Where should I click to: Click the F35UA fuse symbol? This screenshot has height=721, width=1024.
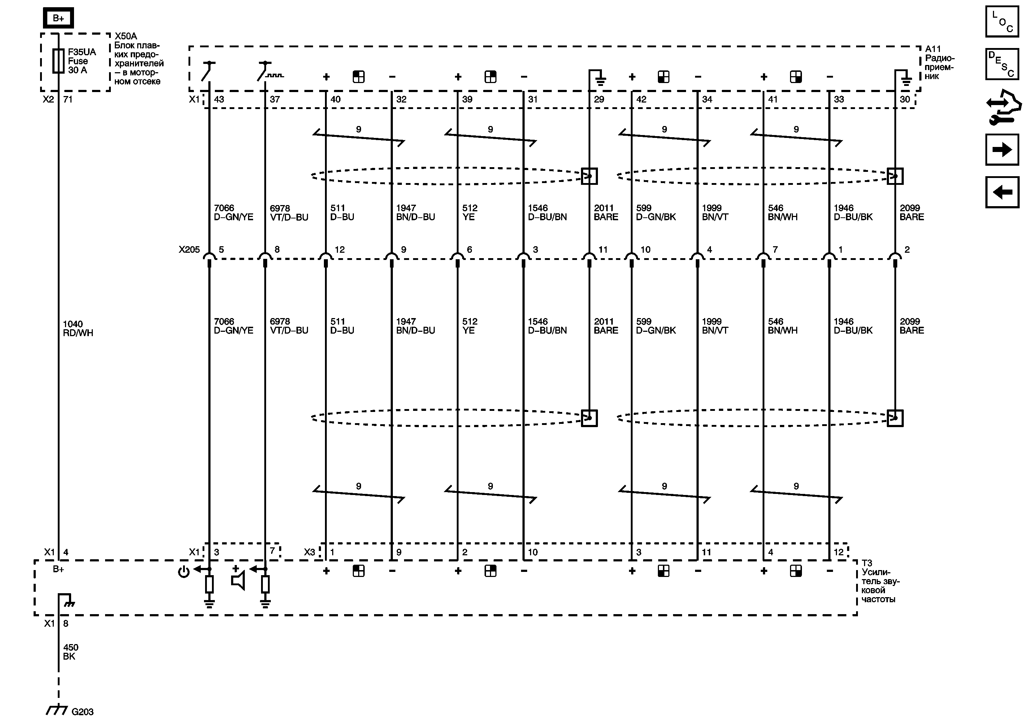pos(58,61)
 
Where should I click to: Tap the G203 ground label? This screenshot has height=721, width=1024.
pos(82,712)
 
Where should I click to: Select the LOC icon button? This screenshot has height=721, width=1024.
pos(1002,21)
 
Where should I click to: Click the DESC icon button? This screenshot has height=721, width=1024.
pos(1002,64)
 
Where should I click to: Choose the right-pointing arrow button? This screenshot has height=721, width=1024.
pos(1002,149)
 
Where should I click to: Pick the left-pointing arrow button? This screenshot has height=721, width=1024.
pos(1002,192)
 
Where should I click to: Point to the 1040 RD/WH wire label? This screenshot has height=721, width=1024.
pos(78,329)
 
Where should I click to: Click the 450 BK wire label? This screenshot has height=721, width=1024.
pos(70,652)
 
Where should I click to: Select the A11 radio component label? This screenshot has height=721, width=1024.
pos(939,62)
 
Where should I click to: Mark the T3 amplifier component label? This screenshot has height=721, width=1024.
pos(878,581)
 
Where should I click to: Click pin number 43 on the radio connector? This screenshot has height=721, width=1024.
pos(219,99)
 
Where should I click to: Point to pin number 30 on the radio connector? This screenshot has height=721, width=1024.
pos(904,99)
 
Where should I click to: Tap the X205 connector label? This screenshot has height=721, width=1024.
pos(189,250)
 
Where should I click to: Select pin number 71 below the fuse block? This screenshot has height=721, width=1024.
pos(68,99)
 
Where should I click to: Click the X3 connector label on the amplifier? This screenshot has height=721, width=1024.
pos(309,552)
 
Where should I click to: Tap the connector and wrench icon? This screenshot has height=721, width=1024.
pos(1003,107)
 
